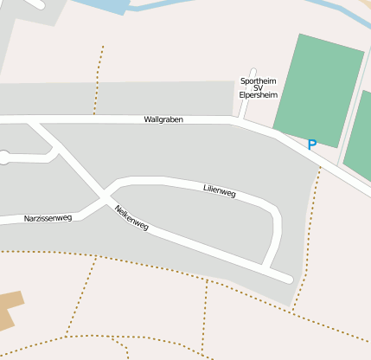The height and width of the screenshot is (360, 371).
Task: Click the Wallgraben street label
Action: pos(163,119)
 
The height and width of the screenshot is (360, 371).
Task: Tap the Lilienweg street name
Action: pos(220,191)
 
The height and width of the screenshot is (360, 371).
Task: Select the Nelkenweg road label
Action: pos(131,219)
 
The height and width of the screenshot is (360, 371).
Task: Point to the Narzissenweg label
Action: pos(48,218)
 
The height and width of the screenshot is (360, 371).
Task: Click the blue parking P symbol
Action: pos(311,145)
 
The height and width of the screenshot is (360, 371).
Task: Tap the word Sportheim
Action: pos(258,81)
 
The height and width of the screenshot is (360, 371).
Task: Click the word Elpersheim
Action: pos(258,95)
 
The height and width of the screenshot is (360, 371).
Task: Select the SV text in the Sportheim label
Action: pos(258,88)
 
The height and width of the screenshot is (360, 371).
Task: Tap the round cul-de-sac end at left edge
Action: pos(3,157)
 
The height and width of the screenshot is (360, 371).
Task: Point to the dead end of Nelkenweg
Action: pos(285,277)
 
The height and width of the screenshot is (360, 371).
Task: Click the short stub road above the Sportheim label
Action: pos(253,73)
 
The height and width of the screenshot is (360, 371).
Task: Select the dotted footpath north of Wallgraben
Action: pos(99,78)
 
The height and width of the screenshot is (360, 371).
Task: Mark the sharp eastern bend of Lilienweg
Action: pos(276,214)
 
